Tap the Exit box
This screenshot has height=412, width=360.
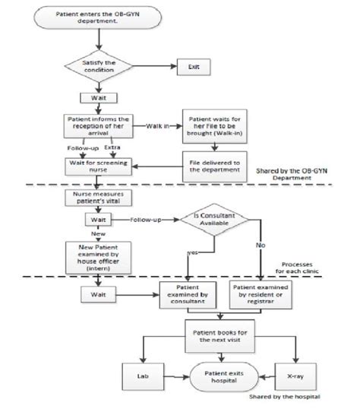point(193,67)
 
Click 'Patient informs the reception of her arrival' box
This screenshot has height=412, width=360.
point(99,125)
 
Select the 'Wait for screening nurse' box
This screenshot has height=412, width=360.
point(99,164)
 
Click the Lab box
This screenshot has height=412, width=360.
point(144,375)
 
